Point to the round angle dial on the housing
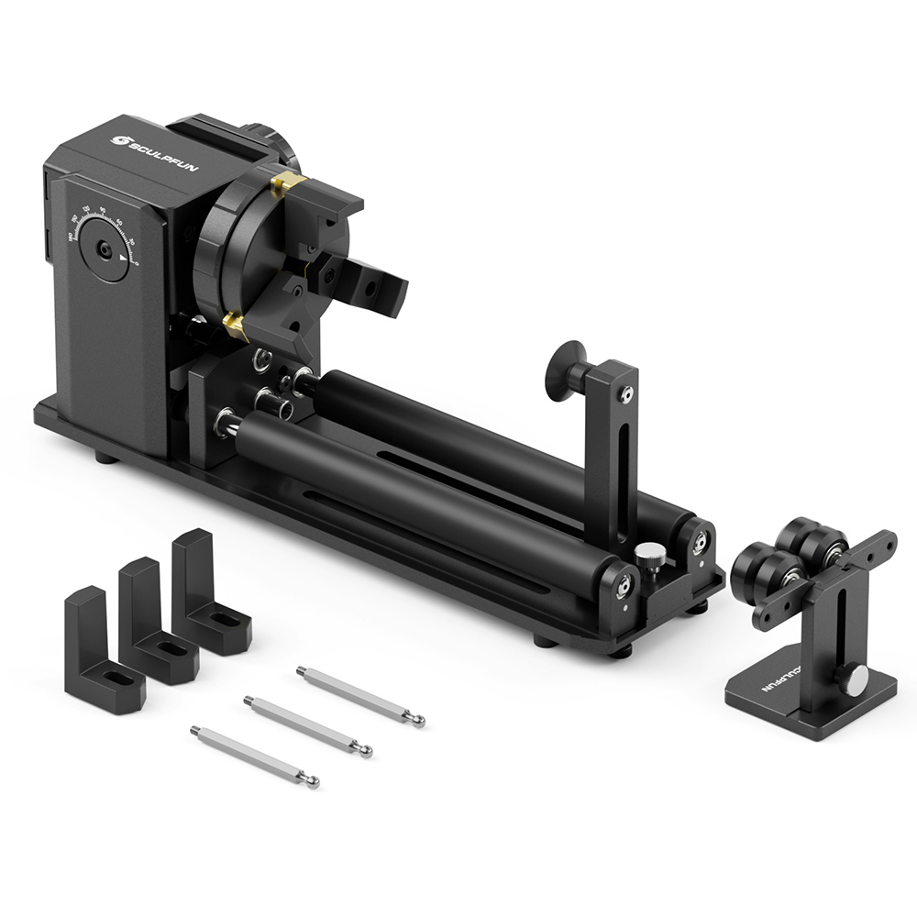coord(104,249)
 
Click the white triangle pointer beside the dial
coord(124,260)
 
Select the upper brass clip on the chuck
coord(287,184)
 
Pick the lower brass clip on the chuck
coord(235,324)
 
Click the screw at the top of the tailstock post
coord(625,394)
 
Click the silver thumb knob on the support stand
coord(855,679)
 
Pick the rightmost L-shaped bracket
coord(209,593)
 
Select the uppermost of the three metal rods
coord(360,697)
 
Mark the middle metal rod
coord(307,725)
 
